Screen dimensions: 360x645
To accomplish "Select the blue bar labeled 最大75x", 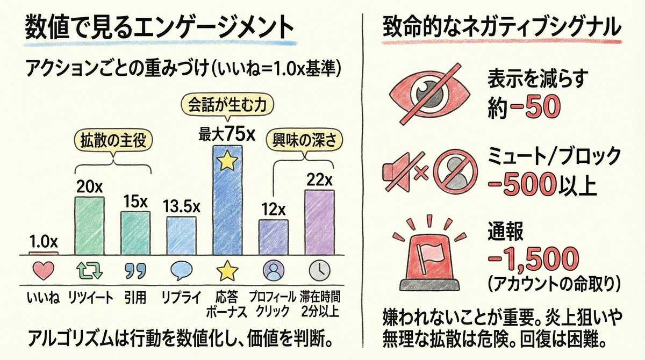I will (227, 199).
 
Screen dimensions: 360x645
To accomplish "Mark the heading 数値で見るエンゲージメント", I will (160, 27).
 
